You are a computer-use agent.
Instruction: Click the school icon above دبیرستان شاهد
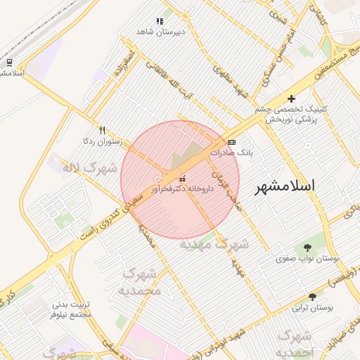tap(160, 21)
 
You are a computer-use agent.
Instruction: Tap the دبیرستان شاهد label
tap(160, 32)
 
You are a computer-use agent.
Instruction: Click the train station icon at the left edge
tap(8, 61)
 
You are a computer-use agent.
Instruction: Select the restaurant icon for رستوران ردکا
tap(102, 131)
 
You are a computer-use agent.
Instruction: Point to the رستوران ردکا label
tap(102, 142)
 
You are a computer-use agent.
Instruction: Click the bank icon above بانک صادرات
tap(232, 142)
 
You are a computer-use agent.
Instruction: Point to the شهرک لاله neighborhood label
tap(89, 169)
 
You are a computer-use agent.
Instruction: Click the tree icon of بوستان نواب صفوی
tap(307, 247)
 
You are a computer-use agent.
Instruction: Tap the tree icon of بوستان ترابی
tap(312, 297)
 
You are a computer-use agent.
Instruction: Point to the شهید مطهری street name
tap(234, 83)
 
